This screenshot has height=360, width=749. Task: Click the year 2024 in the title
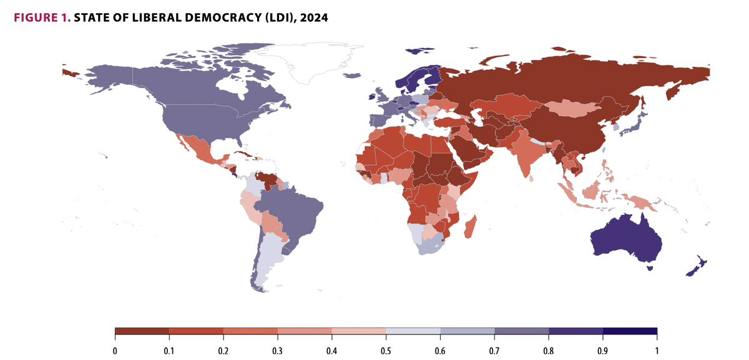314,18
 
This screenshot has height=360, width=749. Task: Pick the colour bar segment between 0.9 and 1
630,331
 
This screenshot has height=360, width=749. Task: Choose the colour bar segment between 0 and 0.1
142,331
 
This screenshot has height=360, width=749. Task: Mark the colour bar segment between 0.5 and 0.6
413,331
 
